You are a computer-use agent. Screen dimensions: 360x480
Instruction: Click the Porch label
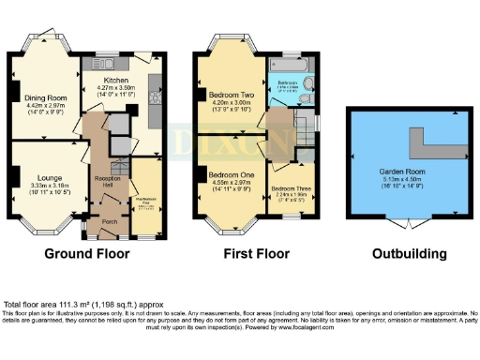tap(109, 221)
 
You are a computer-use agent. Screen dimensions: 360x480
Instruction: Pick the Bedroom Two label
tap(229, 96)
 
